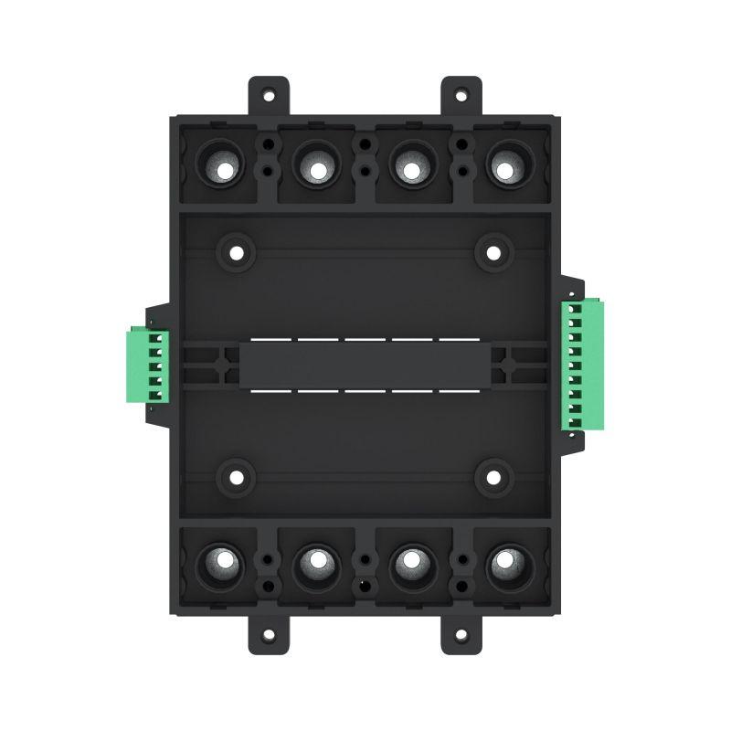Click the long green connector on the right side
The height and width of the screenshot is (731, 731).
(582, 364)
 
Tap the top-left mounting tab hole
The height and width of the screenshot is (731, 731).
(269, 94)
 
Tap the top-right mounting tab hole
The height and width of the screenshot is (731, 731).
(461, 94)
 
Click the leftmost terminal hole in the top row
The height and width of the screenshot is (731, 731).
(220, 169)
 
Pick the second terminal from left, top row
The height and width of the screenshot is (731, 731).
(316, 169)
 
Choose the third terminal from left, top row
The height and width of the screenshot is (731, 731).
(412, 169)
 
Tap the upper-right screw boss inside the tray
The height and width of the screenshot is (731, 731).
(493, 251)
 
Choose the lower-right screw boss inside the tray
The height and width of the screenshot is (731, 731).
(493, 476)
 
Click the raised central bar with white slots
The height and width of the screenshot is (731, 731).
(365, 365)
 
